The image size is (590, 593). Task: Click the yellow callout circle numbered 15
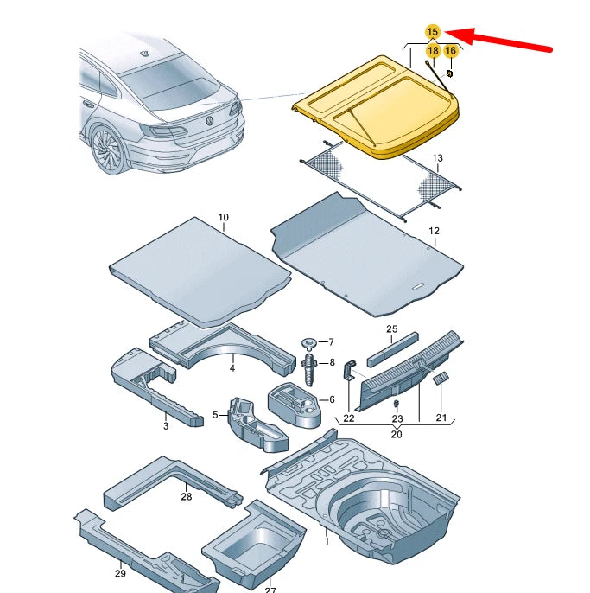(x=433, y=32)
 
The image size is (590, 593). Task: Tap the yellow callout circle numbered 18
(x=433, y=51)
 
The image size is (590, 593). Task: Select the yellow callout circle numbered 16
(x=450, y=51)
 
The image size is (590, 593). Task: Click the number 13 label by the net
(x=437, y=158)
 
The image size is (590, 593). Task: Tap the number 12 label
(x=434, y=231)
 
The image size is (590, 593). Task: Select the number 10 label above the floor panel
(x=223, y=217)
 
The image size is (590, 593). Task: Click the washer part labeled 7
(x=308, y=343)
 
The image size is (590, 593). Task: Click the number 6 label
(x=330, y=399)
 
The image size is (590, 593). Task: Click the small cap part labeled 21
(x=441, y=379)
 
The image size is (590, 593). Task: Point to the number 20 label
(x=397, y=434)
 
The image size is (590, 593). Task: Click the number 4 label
(x=232, y=369)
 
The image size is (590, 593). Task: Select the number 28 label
(x=186, y=496)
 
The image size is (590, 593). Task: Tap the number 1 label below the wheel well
(x=327, y=541)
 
